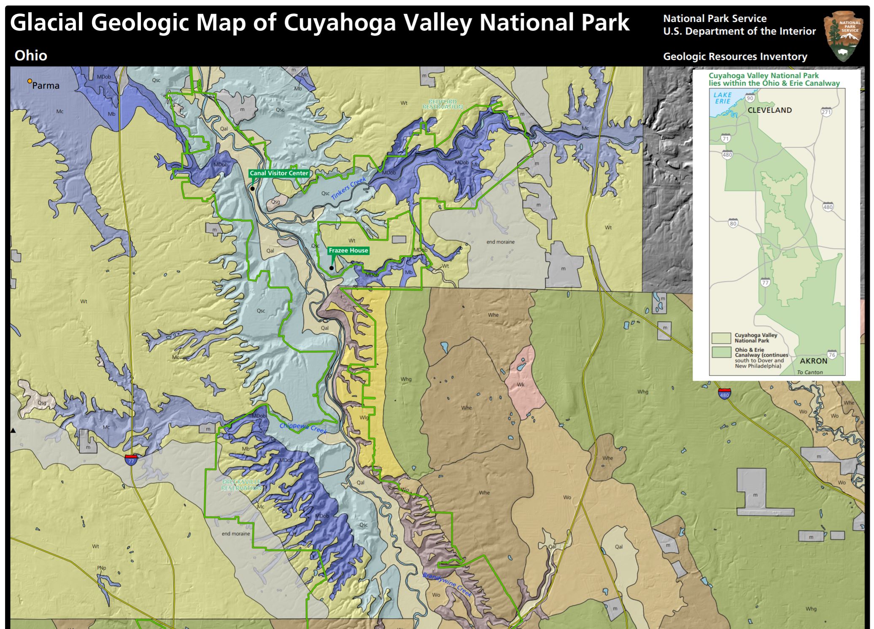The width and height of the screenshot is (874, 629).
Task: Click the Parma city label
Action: tap(46, 86)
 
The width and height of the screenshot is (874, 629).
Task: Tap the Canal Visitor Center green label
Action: tap(279, 173)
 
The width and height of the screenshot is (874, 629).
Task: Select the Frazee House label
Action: tap(348, 250)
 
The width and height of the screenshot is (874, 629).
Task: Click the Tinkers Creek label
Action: tap(348, 189)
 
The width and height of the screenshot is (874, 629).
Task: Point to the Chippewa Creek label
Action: tap(303, 428)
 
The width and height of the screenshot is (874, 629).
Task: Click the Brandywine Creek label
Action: tap(447, 585)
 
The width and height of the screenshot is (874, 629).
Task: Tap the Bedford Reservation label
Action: tap(442, 104)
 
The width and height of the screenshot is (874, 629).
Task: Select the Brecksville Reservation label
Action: tap(241, 485)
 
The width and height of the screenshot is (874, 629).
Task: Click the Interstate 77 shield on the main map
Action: tap(131, 460)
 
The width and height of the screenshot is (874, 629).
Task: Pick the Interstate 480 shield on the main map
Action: tap(724, 394)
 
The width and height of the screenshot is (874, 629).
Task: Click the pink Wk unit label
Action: tap(521, 385)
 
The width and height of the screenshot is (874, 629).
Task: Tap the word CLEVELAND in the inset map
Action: tap(769, 110)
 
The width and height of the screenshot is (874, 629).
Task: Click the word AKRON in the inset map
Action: tap(813, 361)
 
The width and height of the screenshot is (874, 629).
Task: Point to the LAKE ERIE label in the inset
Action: tap(723, 98)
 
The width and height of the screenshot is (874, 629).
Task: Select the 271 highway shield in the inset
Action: tap(826, 112)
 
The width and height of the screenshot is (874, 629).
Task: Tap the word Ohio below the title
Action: tap(31, 56)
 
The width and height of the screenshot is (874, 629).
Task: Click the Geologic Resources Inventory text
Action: tap(735, 57)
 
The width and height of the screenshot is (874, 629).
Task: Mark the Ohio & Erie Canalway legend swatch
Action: tap(721, 352)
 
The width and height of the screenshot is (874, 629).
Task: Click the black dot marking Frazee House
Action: tap(332, 268)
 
